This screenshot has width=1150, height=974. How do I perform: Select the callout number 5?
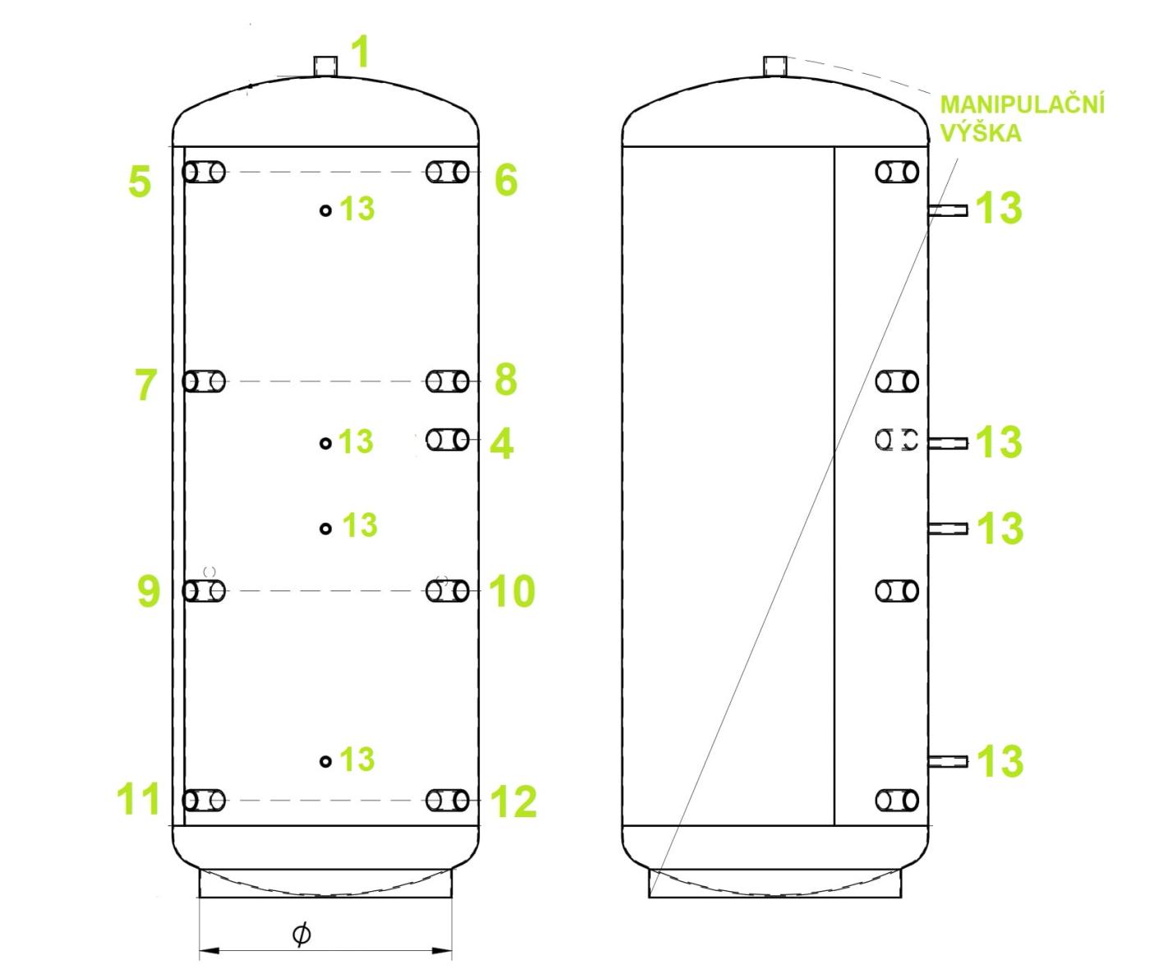pos(140,181)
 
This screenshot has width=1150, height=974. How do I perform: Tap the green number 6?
pos(506,181)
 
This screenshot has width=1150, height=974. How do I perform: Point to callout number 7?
pos(145,384)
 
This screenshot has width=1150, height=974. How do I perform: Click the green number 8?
pos(506,380)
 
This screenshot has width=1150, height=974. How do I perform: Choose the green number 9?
pos(149,590)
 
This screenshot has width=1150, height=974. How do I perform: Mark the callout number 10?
pos(513,591)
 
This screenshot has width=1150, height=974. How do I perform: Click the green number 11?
pos(139,799)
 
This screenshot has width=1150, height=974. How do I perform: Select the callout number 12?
pos(514,802)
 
